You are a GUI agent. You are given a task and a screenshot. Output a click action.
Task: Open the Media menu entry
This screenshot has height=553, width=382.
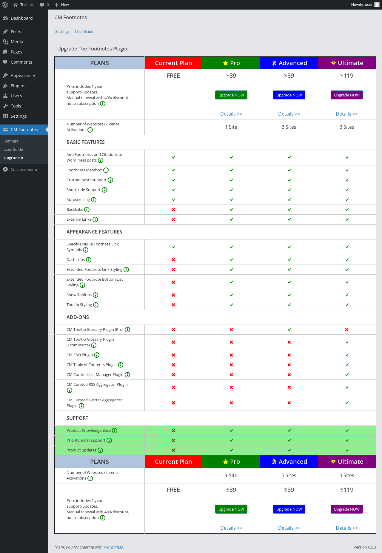pyautogui.click(x=17, y=42)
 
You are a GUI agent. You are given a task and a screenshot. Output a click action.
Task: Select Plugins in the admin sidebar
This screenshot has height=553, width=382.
pyautogui.click(x=18, y=86)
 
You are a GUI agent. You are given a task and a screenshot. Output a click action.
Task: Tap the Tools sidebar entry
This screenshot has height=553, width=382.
pyautogui.click(x=16, y=106)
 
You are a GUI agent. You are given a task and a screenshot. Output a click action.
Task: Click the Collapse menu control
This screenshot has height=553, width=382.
pyautogui.click(x=20, y=169)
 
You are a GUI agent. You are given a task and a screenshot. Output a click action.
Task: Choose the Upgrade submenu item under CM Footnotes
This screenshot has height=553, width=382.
pyautogui.click(x=14, y=158)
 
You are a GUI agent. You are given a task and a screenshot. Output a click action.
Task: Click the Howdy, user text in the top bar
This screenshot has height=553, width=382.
pyautogui.click(x=362, y=5)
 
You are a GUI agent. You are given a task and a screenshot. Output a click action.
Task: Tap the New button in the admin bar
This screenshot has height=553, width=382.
pyautogui.click(x=62, y=5)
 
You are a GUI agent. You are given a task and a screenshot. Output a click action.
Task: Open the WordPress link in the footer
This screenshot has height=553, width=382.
pyautogui.click(x=113, y=547)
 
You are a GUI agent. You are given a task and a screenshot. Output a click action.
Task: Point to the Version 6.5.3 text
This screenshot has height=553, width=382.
pyautogui.click(x=365, y=547)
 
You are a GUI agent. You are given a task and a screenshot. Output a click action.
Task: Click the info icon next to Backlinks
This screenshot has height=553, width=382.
pyautogui.click(x=87, y=210)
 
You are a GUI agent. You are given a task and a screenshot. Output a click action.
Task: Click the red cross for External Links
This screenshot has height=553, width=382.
pyautogui.click(x=173, y=219)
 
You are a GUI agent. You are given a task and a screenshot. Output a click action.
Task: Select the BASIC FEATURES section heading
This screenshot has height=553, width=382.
pyautogui.click(x=86, y=142)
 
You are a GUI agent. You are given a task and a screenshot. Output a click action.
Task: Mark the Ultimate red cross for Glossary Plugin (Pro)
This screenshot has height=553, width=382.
pyautogui.click(x=347, y=330)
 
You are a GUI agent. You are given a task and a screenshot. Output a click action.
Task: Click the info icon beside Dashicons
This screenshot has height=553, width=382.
pyautogui.click(x=89, y=260)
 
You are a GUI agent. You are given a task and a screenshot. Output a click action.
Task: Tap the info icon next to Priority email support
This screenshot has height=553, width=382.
pyautogui.click(x=109, y=440)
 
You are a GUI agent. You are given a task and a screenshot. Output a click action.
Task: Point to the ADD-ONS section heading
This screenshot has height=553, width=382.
pyautogui.click(x=78, y=317)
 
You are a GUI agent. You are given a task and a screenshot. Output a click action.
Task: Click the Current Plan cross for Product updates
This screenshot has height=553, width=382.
pyautogui.click(x=173, y=450)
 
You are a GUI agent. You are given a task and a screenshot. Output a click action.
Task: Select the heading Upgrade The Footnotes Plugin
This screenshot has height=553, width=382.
pyautogui.click(x=93, y=49)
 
